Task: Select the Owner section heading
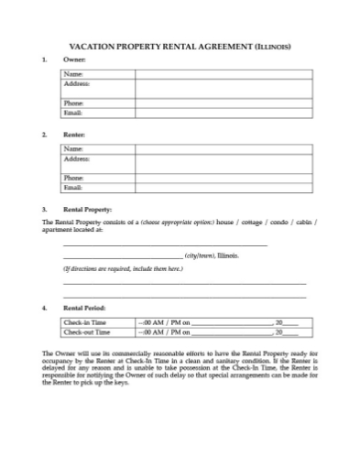pos(72,60)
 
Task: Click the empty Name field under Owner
pos(220,73)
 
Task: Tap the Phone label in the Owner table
pos(73,103)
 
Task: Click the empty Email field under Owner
pos(220,113)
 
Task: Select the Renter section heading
pos(73,135)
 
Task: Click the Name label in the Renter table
pos(73,147)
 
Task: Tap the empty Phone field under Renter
pos(220,178)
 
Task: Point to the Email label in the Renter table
pos(73,187)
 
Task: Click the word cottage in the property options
pos(249,223)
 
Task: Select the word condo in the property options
pos(280,223)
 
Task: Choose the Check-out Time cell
pos(84,332)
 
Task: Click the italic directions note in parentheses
pos(123,269)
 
